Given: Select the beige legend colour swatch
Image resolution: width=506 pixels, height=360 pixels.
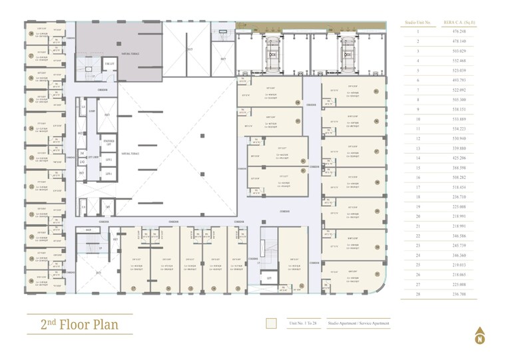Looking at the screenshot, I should (x=271, y=323).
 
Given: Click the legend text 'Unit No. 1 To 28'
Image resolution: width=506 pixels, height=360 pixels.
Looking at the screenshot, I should (x=303, y=323).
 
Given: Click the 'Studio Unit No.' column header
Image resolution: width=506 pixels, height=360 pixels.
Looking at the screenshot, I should (x=417, y=23).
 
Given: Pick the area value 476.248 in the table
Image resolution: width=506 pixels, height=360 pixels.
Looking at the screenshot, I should (x=458, y=31).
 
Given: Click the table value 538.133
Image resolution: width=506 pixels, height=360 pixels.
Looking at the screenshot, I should (x=458, y=109).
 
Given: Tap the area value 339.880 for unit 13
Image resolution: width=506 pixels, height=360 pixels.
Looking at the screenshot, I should (x=458, y=148).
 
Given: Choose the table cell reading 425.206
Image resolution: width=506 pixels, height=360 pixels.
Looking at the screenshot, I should (x=458, y=158).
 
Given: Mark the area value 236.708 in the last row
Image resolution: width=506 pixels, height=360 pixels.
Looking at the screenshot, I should (x=458, y=293).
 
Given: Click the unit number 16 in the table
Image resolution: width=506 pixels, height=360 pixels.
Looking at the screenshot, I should (x=417, y=177).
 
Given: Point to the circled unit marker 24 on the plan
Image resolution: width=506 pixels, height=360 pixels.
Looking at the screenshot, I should (x=30, y=128).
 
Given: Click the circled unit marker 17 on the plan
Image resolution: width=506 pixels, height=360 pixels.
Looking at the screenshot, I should (x=134, y=288).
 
